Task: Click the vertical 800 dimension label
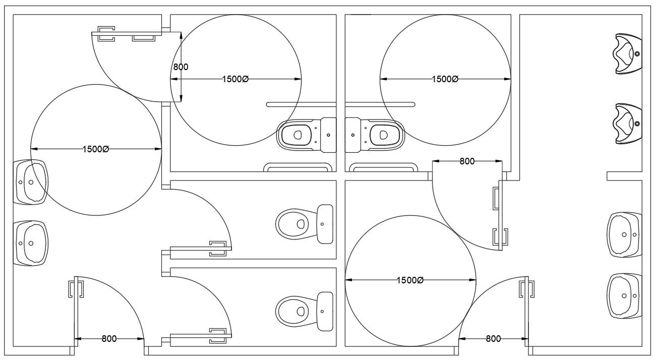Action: point(181,67)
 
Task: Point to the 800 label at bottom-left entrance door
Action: point(109,339)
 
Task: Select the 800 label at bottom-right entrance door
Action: point(493,339)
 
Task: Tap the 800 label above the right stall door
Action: point(467,161)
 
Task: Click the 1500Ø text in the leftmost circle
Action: point(96,149)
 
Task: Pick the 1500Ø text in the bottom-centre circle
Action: point(410,280)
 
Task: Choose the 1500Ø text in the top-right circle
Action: point(445,79)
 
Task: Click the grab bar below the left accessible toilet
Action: point(298,167)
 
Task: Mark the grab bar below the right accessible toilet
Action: point(383,167)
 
